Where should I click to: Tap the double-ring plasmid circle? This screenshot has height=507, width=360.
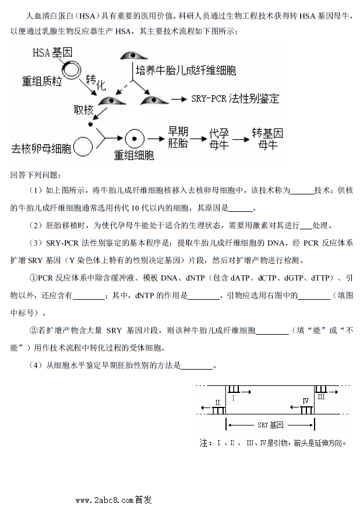point(73,71)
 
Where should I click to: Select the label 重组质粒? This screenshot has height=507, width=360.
point(42,82)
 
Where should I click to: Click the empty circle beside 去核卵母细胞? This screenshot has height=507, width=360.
point(84,148)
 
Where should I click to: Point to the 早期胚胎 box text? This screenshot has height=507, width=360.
point(178,137)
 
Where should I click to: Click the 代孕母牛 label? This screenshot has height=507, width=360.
point(218,139)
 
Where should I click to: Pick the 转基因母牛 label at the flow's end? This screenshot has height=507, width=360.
point(267,138)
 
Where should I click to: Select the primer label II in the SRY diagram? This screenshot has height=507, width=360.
point(217,402)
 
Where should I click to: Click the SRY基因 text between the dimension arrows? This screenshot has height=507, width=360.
point(270,425)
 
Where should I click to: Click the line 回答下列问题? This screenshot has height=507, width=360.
point(38,175)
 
